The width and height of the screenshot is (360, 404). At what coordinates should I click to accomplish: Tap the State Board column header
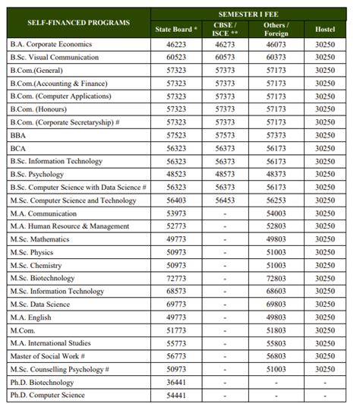(x=175, y=30)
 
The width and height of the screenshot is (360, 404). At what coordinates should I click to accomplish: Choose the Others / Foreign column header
(x=275, y=30)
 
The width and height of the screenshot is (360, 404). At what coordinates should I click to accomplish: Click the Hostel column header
(x=324, y=30)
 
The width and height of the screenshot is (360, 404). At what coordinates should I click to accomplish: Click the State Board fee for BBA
(x=175, y=135)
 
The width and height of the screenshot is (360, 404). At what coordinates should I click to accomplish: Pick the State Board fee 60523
(x=175, y=58)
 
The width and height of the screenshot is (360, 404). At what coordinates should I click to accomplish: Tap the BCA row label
(x=18, y=148)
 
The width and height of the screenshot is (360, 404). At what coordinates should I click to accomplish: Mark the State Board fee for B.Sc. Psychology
(x=175, y=174)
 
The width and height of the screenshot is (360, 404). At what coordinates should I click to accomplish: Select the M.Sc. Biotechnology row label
(x=42, y=278)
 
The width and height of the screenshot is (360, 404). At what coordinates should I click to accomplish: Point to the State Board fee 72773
(x=175, y=278)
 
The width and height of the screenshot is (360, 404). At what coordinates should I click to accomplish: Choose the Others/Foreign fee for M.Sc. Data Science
(x=275, y=304)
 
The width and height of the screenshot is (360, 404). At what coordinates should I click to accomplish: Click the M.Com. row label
(x=22, y=330)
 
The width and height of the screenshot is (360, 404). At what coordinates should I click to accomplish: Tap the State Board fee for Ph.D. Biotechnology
(x=175, y=382)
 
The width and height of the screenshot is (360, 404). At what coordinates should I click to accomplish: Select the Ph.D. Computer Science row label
(x=48, y=396)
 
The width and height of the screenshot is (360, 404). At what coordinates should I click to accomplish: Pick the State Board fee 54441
(x=175, y=396)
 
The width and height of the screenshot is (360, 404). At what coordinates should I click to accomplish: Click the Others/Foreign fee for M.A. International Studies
(x=275, y=343)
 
